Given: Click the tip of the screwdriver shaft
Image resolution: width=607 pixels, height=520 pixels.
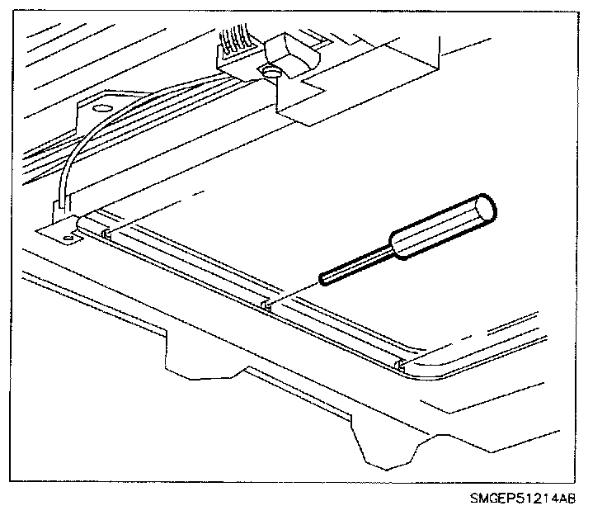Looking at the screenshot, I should (x=322, y=278).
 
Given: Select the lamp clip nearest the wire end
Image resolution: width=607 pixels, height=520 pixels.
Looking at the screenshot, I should (x=106, y=234).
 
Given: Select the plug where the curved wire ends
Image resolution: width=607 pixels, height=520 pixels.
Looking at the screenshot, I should (x=59, y=210).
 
